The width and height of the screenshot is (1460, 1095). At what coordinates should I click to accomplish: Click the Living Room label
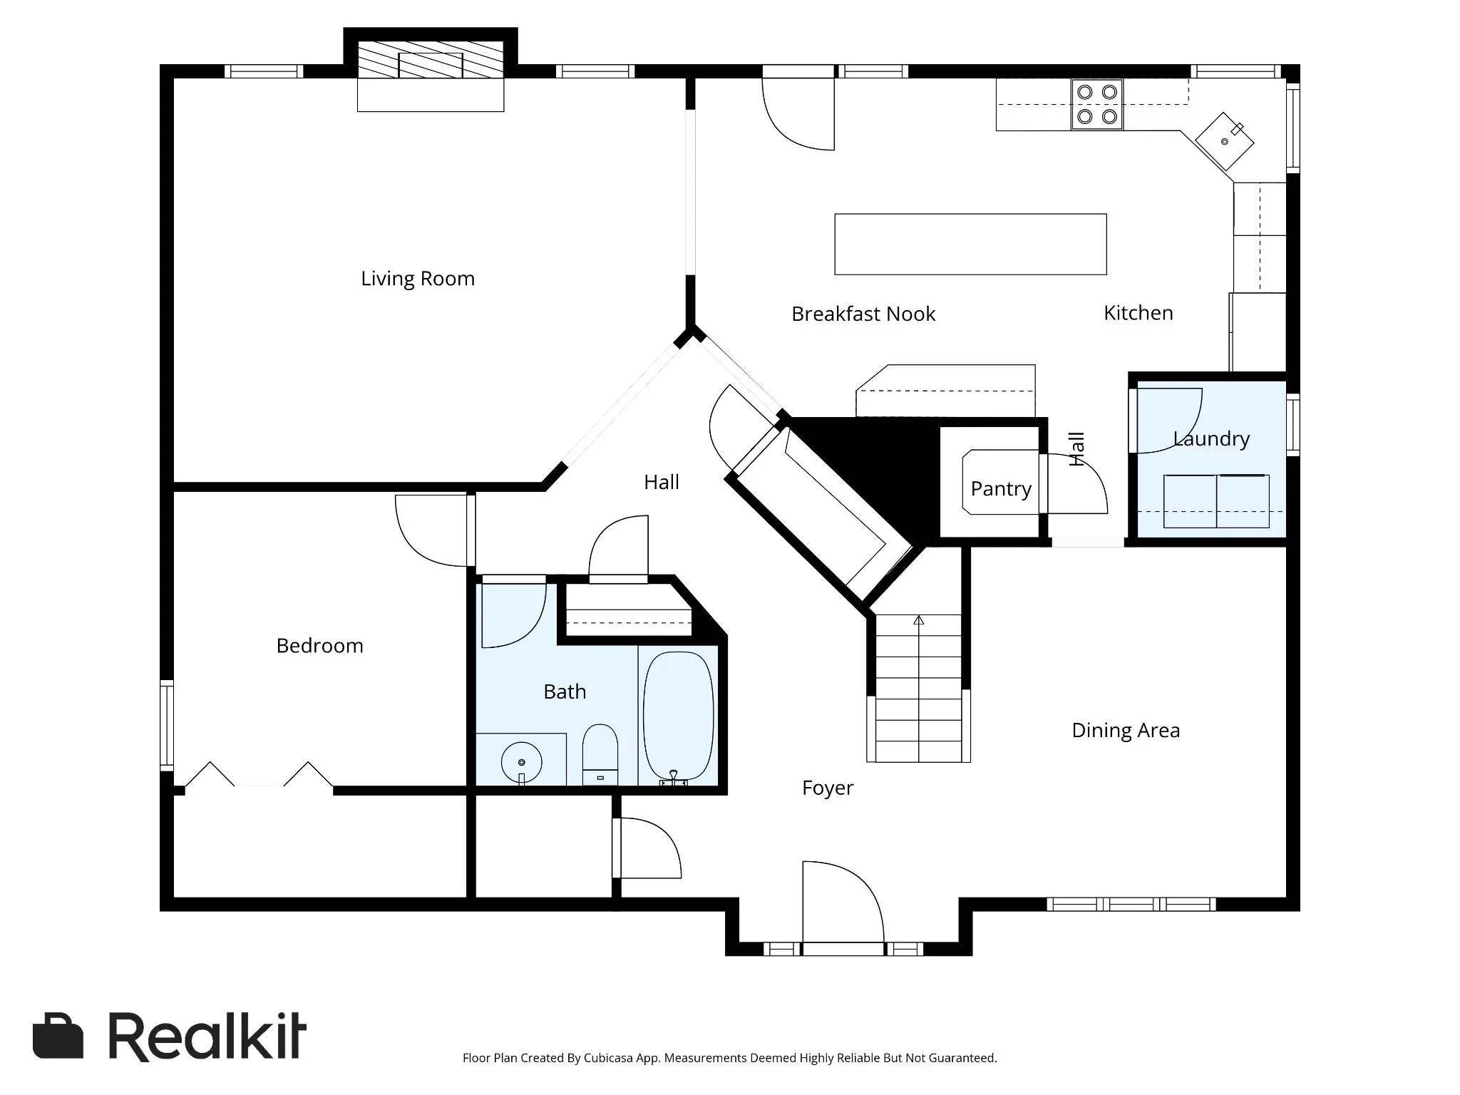[x=418, y=279]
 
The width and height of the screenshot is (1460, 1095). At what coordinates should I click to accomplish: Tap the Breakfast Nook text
[x=863, y=314]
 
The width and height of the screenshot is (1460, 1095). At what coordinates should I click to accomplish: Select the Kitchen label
[x=1138, y=312]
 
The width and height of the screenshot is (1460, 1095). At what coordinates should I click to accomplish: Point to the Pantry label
[x=1001, y=489]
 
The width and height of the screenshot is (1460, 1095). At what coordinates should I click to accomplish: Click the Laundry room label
[x=1212, y=438]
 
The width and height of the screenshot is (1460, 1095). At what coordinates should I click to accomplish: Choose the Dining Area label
[x=1126, y=730]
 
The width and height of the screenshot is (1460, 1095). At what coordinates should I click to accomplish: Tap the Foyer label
[x=828, y=788]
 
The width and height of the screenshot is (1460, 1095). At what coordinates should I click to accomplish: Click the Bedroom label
[x=320, y=646]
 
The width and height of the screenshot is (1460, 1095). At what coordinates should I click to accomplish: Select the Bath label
[x=565, y=692]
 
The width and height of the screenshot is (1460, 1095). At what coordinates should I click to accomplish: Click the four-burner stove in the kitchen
[x=1097, y=104]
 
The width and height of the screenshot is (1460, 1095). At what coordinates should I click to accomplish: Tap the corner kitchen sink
[x=1225, y=141]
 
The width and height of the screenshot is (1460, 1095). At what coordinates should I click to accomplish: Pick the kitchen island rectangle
[x=970, y=244]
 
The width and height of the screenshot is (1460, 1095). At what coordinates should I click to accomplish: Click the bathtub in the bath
[x=678, y=718]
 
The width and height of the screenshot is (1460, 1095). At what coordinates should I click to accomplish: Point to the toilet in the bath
[x=600, y=755]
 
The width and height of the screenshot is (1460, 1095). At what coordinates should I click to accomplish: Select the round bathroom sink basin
[x=522, y=762]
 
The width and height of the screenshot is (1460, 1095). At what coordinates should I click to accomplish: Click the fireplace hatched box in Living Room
[x=431, y=59]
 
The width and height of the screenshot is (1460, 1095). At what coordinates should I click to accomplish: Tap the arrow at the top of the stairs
[x=919, y=620]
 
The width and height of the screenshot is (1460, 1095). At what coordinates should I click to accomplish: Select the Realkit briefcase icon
[x=58, y=1037]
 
